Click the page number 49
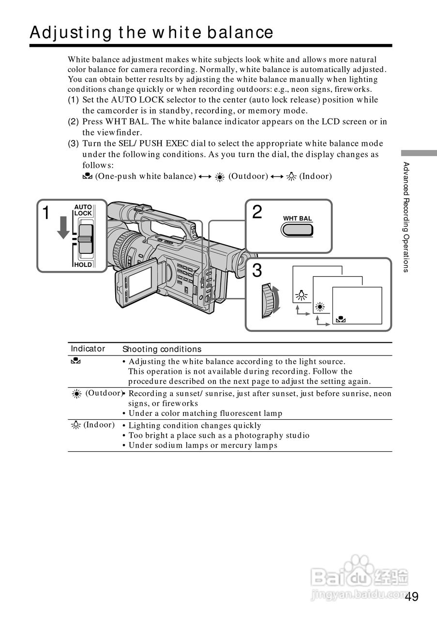[x=412, y=596]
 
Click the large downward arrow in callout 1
[x=63, y=228]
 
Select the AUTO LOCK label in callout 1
[x=83, y=210]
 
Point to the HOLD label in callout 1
[x=83, y=265]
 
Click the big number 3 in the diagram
[x=257, y=270]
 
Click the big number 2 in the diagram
[x=257, y=212]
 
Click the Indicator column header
[x=88, y=349]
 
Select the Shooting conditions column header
[x=162, y=349]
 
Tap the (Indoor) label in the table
[x=99, y=425]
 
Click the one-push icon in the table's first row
[x=75, y=361]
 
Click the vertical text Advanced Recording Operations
[x=407, y=217]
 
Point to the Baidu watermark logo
[x=360, y=575]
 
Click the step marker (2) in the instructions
[x=73, y=122]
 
